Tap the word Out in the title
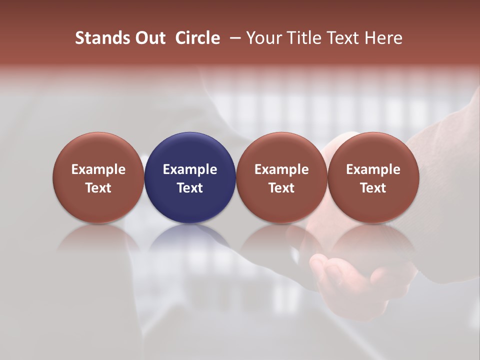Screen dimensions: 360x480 pos(149,38)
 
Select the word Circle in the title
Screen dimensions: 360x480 pos(197,38)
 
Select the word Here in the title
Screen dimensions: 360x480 pos(383,38)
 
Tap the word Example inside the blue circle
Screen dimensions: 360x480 pos(190,169)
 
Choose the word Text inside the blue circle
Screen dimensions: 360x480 pos(190,188)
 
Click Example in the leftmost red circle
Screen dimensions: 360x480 pos(98,169)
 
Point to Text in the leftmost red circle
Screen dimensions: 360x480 pos(98,188)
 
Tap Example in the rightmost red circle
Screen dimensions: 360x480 pos(373,169)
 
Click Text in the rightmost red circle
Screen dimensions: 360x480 pos(373,188)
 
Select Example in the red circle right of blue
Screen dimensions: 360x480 pos(281,169)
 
